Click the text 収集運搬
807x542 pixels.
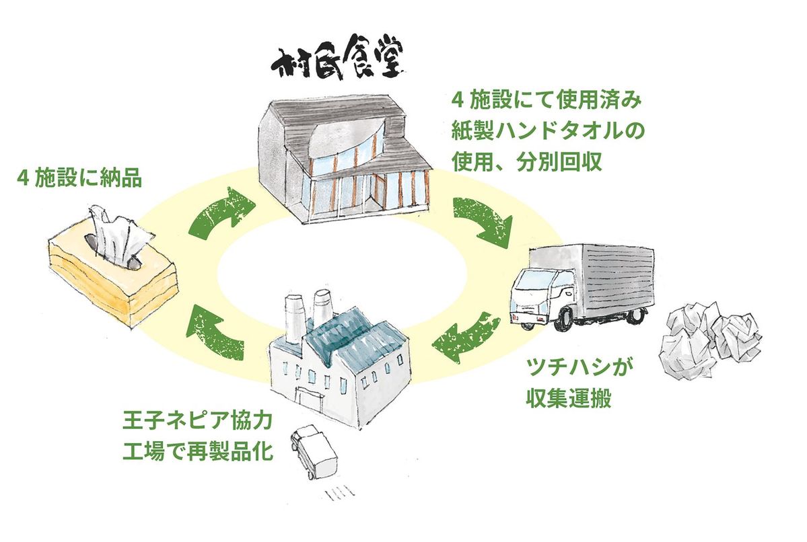(x=569, y=398)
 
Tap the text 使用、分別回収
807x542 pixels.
(x=528, y=162)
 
